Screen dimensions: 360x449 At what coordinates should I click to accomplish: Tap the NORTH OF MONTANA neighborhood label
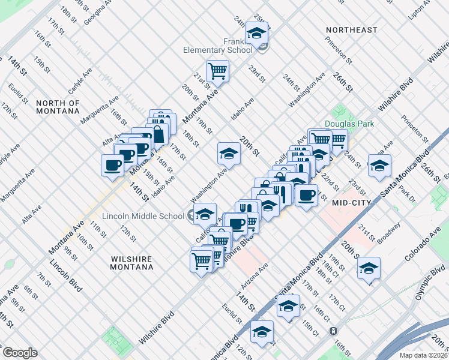[x=58, y=107]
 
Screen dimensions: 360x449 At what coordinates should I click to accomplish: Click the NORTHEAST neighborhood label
[x=352, y=30]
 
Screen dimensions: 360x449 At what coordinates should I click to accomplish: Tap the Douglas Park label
[x=349, y=124]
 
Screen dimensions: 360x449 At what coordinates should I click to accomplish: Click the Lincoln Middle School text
[x=143, y=216]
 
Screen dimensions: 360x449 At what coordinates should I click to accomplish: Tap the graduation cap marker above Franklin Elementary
[x=256, y=33]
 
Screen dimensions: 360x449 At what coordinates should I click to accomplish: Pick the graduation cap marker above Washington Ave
[x=229, y=154]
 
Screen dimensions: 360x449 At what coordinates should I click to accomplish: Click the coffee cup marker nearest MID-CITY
[x=306, y=195]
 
